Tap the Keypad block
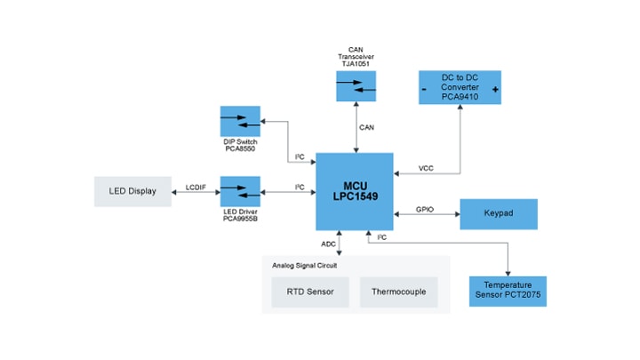[x=499, y=214]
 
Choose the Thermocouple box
[x=399, y=292]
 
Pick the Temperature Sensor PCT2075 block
[x=507, y=291]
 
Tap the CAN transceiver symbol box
[x=356, y=85]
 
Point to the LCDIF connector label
[x=196, y=186]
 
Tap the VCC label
[x=426, y=168]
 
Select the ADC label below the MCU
[x=328, y=243]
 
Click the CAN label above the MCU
[x=366, y=127]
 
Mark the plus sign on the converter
[x=495, y=91]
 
